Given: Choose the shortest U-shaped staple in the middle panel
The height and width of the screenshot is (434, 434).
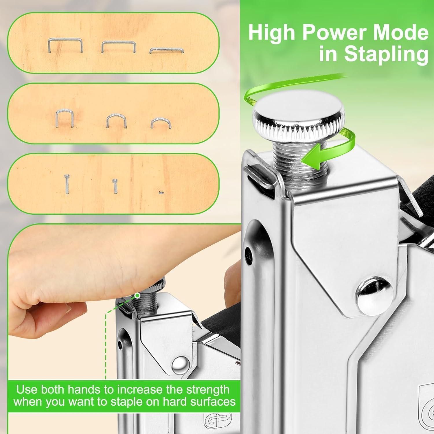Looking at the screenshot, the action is pos(161,123).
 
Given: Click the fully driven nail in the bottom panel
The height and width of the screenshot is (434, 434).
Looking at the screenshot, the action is pos(161,192).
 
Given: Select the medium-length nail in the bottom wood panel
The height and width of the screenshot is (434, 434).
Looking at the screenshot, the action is pos(115,185).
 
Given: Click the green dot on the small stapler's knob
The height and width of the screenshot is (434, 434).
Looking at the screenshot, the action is pos(137,295).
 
